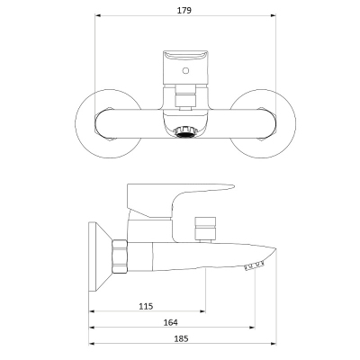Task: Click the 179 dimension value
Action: [184, 11]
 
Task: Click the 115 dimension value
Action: [146, 306]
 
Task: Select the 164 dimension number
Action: [170, 322]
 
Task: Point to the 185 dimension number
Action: [181, 338]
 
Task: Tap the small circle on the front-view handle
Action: [186, 71]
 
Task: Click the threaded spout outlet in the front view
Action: [185, 131]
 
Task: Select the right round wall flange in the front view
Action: [295, 123]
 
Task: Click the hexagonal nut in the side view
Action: [120, 256]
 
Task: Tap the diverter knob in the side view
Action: [205, 229]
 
